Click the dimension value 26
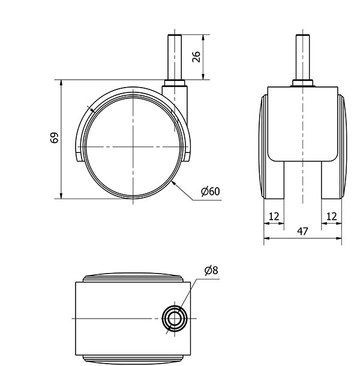point(196,56)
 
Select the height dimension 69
point(54,138)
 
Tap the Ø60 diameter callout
point(211,191)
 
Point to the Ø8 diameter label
point(211,271)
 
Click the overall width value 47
point(302,232)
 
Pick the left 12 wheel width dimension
point(274,215)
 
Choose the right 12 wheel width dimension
point(331,215)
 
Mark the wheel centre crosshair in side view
point(131,147)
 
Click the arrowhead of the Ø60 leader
point(172,181)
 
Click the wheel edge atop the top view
point(133,277)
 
